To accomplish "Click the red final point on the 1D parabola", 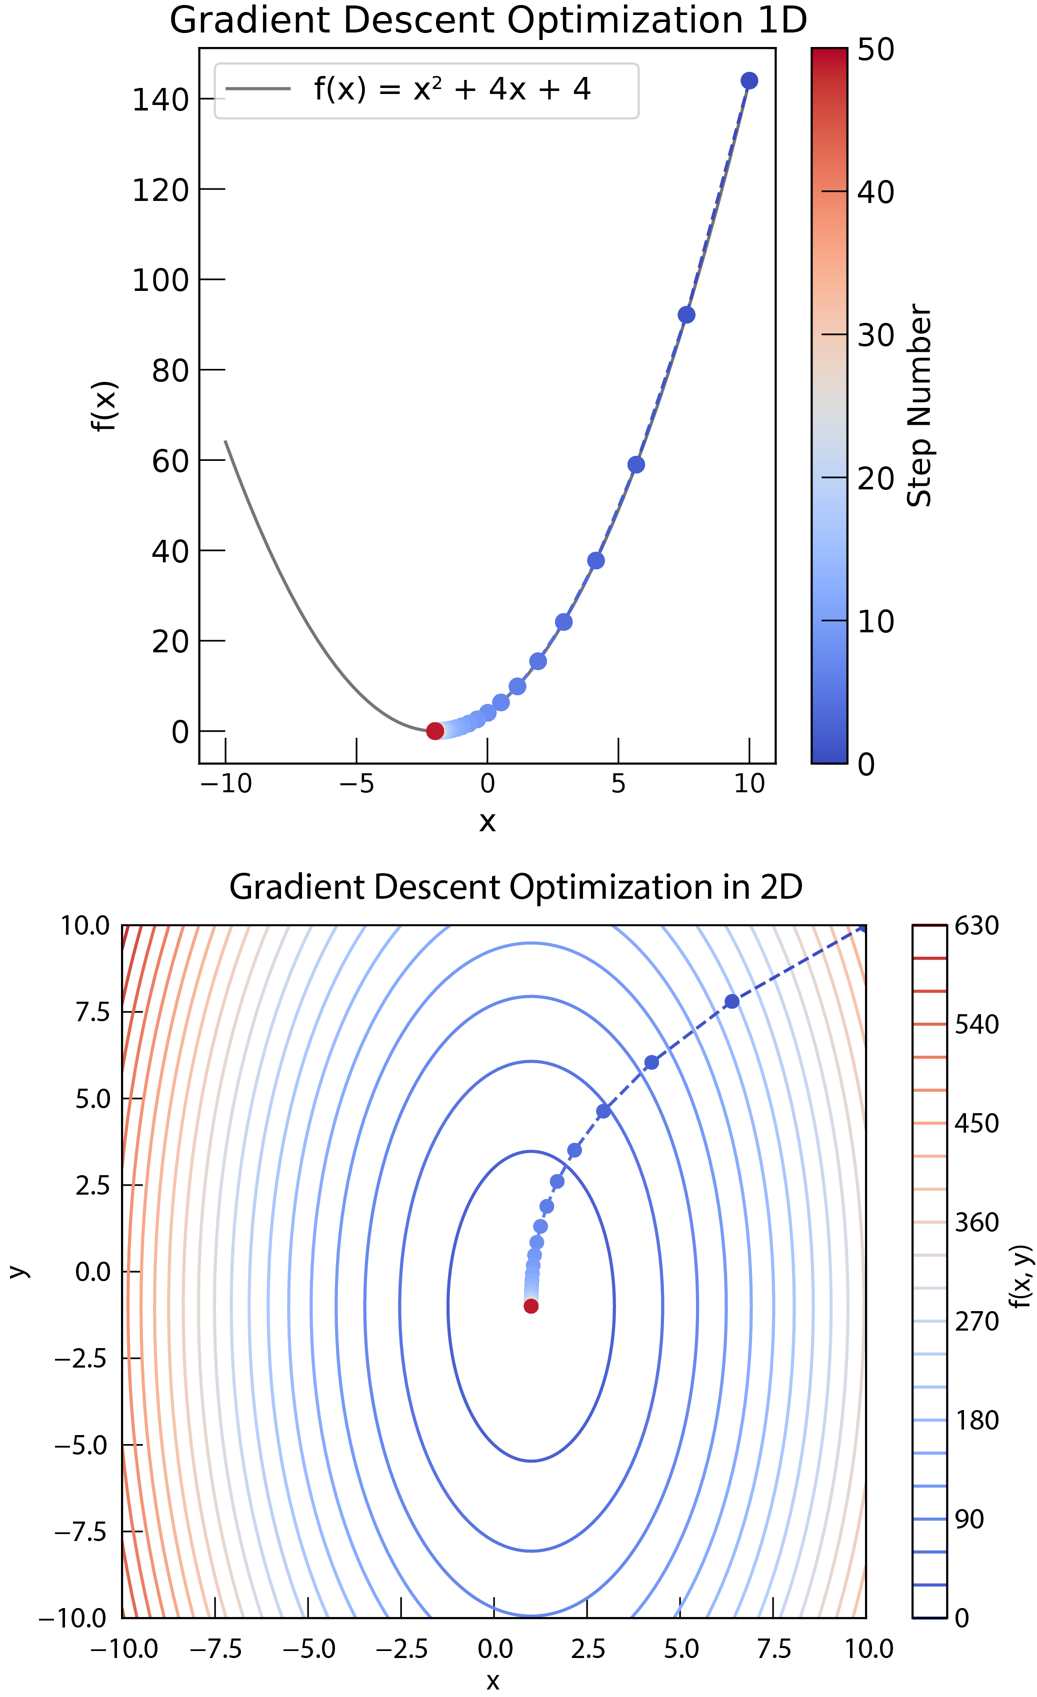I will (435, 731).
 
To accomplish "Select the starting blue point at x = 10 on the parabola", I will (749, 80).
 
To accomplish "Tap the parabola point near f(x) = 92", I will (686, 315).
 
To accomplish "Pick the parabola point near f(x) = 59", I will (636, 465).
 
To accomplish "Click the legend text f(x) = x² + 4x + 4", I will (452, 89).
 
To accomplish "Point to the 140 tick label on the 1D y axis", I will (160, 100).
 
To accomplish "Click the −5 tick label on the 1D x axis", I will (355, 784).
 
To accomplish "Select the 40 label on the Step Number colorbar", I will (876, 192).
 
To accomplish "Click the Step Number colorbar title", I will (920, 406).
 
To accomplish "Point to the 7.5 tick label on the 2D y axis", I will (92, 1012).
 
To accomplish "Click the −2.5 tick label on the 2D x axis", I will (400, 1649).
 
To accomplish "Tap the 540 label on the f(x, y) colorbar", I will (976, 1025).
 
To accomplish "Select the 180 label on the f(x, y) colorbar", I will (976, 1420).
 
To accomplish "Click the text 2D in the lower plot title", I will (780, 887).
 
